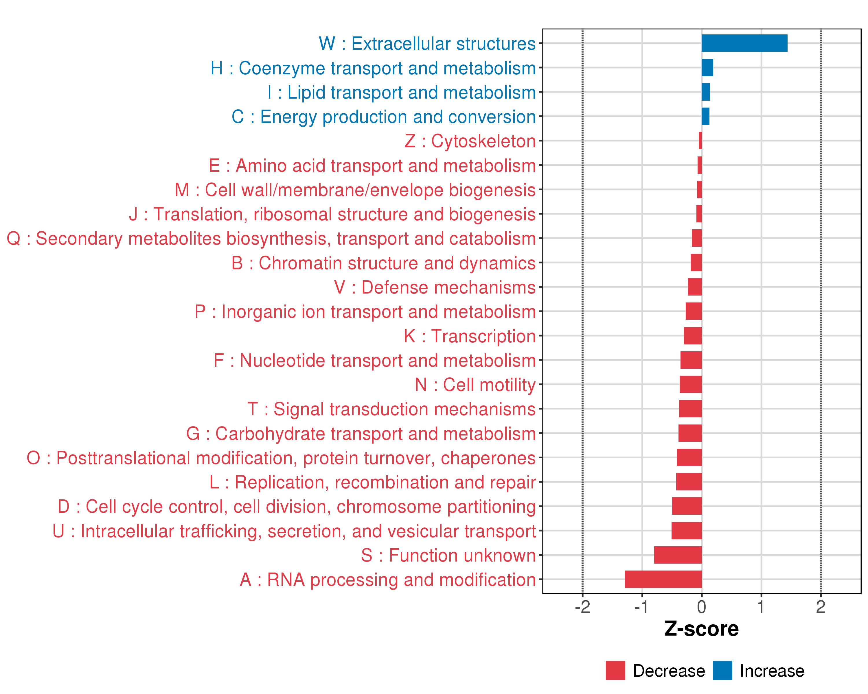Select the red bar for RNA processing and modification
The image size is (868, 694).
click(x=663, y=579)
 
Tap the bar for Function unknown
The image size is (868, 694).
click(x=678, y=555)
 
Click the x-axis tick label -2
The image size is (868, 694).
click(x=582, y=607)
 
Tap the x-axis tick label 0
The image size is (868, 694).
click(x=701, y=607)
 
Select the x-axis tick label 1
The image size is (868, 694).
click(x=761, y=607)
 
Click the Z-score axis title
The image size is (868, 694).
click(x=701, y=629)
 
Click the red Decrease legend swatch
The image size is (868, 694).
click(x=615, y=670)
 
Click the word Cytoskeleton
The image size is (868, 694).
click(x=483, y=141)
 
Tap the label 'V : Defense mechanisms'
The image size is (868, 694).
click(x=435, y=287)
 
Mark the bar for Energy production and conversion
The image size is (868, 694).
click(x=705, y=116)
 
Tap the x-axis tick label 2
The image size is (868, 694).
click(x=821, y=607)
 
